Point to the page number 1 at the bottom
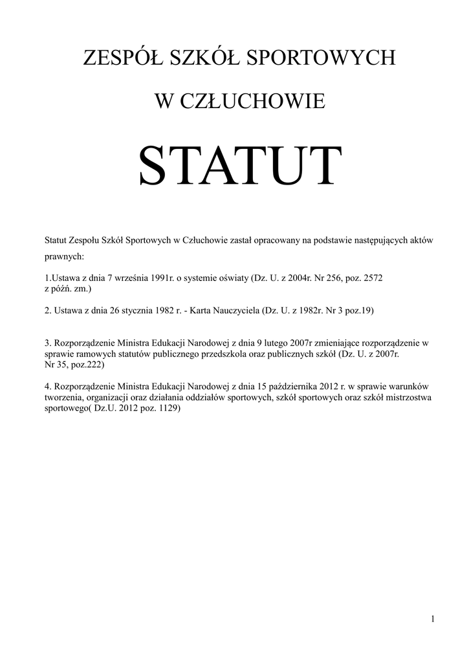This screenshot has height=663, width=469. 432,620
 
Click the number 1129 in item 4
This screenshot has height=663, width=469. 168,409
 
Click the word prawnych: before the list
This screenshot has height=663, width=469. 64,256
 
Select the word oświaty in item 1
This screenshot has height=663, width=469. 234,278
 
